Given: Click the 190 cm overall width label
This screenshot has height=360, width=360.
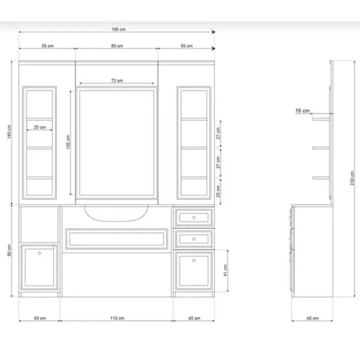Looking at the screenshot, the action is [x=118, y=29].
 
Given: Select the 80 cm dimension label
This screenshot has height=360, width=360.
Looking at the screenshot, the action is [x=117, y=46].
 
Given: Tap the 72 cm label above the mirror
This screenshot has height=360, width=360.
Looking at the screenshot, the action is [x=117, y=80].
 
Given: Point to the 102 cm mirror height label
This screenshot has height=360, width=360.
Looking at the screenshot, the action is [x=68, y=142].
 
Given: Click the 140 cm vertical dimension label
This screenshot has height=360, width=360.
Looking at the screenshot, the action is [x=9, y=131].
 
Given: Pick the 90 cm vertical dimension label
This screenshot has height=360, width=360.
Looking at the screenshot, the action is [x=9, y=250].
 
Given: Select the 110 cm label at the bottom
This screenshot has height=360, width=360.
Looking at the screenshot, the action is [x=117, y=318].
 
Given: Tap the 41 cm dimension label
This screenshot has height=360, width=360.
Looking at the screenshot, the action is [x=225, y=270].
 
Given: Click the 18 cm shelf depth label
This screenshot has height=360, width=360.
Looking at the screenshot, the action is [x=302, y=111].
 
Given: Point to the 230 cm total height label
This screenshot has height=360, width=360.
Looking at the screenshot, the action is [x=352, y=178].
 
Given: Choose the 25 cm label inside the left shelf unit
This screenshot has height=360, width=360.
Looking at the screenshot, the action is [x=40, y=127].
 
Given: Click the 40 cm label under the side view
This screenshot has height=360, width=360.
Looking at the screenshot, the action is [x=312, y=318].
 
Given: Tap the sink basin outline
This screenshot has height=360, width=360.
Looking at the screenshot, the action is [x=116, y=221].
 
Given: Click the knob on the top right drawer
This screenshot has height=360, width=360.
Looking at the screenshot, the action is [x=194, y=217].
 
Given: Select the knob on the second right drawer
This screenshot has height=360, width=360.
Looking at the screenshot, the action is [x=194, y=239].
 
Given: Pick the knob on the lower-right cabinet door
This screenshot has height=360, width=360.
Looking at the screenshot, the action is [x=194, y=260].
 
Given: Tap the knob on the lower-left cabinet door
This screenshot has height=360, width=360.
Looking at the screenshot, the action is [x=40, y=253].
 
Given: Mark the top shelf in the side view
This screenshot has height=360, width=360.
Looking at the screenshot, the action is [x=321, y=119].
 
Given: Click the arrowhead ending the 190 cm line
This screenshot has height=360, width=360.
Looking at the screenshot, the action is [x=213, y=32].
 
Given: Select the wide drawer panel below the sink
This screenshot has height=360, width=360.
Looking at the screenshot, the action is [x=117, y=239].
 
